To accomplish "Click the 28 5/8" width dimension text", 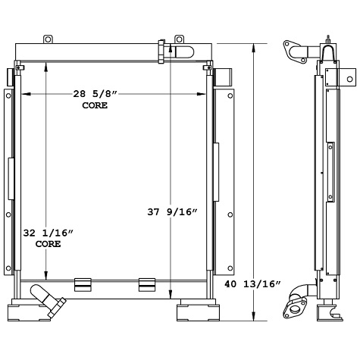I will click(x=95, y=95).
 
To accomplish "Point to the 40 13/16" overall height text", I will click(x=253, y=284).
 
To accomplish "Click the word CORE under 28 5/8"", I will click(x=95, y=105).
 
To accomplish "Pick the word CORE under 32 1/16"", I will click(x=49, y=245).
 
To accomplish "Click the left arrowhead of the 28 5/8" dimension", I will click(x=24, y=95).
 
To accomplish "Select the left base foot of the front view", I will click(x=36, y=311).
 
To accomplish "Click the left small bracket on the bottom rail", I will click(x=83, y=284).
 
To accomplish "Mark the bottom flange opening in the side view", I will click(x=293, y=308).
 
